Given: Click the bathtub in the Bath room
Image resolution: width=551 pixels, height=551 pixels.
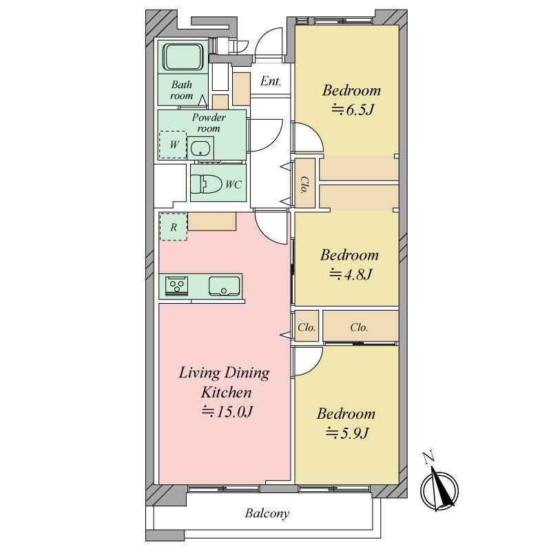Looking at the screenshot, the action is click(183, 56).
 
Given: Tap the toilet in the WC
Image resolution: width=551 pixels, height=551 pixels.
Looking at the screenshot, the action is click(207, 184).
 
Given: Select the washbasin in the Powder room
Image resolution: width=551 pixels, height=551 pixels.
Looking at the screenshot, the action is click(200, 148).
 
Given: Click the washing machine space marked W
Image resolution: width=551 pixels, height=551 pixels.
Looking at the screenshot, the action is click(173, 145).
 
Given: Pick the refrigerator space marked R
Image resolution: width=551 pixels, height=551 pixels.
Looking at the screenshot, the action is click(174, 227).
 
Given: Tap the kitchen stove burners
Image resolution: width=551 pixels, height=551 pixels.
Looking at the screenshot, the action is click(177, 284).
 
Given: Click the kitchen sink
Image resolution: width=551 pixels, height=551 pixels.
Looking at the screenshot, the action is click(225, 286).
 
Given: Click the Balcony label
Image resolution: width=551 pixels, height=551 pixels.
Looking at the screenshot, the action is click(267, 513).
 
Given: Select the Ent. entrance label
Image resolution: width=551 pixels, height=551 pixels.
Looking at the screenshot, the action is click(271, 81).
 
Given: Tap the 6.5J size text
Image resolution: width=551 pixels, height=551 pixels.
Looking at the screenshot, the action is click(352, 110).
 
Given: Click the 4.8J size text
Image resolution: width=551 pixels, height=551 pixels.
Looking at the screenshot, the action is click(351, 274).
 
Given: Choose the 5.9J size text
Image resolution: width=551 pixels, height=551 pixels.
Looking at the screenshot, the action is click(347, 433).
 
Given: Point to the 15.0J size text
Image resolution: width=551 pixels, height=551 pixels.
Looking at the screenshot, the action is click(227, 411).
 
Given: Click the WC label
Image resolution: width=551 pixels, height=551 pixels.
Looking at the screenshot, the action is click(233, 185).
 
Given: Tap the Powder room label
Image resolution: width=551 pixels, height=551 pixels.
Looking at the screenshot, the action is click(209, 123).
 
